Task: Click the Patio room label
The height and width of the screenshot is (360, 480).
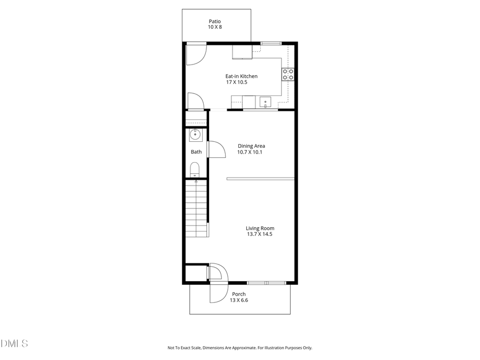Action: coord(214,21)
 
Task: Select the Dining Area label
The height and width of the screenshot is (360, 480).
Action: coord(251,146)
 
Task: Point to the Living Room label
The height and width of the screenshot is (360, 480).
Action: coord(260,228)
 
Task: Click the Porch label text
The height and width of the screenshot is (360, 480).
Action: coord(238,294)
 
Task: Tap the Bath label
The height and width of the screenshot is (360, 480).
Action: coord(196,152)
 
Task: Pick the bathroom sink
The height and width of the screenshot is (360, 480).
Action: coord(196,134)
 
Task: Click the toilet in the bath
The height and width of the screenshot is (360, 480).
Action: coord(195,170)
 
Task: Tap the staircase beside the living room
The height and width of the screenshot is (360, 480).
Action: coord(196,208)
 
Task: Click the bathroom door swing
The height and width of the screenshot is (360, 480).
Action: coord(215,149)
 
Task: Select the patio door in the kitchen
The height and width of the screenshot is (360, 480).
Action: coord(195,53)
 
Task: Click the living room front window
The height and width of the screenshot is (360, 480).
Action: coord(267,282)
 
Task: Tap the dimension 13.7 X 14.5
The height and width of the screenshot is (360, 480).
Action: coord(260,234)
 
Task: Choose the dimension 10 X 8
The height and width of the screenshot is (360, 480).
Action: coord(214,27)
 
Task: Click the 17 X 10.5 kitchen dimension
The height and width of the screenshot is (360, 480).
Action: coord(237,82)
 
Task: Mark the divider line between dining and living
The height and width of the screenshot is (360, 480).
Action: coord(260,179)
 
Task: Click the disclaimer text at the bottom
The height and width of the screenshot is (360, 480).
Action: coord(240,348)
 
